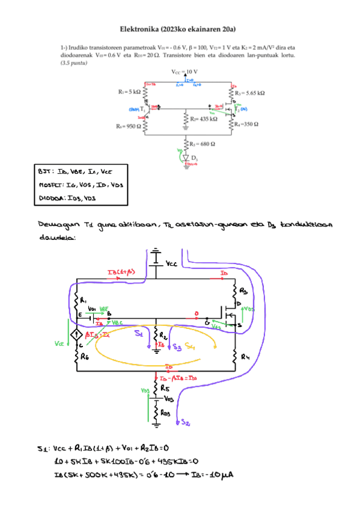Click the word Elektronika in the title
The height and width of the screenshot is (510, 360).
pyautogui.click(x=140, y=29)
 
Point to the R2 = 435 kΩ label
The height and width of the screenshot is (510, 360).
pyautogui.click(x=203, y=120)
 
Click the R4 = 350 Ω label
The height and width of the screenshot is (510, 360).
pyautogui.click(x=246, y=124)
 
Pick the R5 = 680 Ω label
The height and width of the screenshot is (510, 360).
pyautogui.click(x=203, y=144)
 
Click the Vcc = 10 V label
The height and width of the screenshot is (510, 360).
pyautogui.click(x=185, y=72)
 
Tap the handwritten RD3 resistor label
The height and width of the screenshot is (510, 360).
pyautogui.click(x=166, y=413)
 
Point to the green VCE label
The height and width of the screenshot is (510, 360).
pyautogui.click(x=59, y=343)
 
